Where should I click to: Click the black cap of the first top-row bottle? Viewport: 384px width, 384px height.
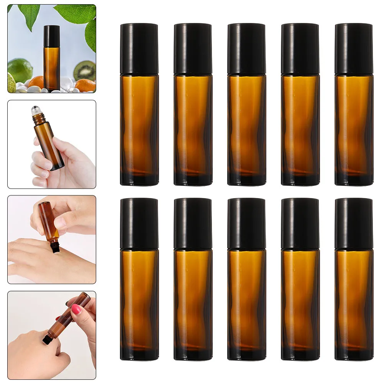click(x=139, y=49)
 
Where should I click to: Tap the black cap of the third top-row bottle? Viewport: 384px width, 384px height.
click(x=246, y=49)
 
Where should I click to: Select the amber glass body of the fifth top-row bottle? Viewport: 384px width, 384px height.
click(x=353, y=123)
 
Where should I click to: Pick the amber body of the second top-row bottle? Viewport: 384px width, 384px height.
click(x=193, y=123)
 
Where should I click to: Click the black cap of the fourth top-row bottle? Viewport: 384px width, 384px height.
click(x=300, y=49)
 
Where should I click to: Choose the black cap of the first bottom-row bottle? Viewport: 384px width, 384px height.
click(x=139, y=223)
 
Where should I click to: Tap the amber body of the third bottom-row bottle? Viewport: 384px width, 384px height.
click(x=246, y=297)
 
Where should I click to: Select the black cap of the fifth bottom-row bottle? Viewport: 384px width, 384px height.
click(x=353, y=223)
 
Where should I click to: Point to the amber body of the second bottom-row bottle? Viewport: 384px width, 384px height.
click(x=193, y=297)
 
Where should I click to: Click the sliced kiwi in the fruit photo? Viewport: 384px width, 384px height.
click(x=85, y=71)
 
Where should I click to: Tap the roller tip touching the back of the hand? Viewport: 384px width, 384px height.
click(x=56, y=249)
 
